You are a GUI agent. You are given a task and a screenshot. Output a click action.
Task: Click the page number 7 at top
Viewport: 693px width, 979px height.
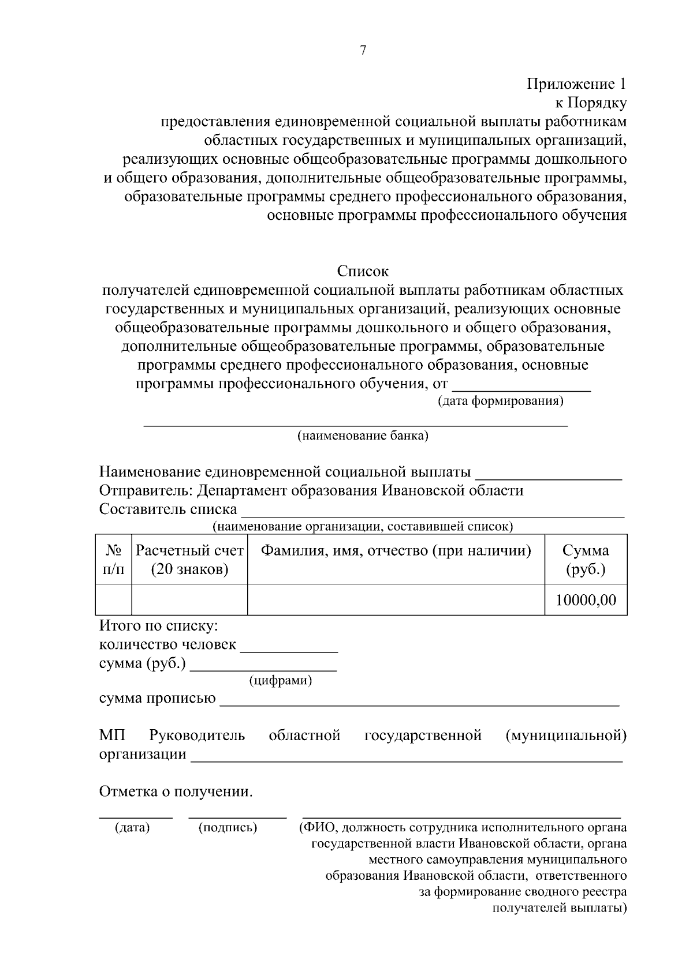363,51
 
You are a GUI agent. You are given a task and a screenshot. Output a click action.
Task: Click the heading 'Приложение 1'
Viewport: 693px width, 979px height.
576,84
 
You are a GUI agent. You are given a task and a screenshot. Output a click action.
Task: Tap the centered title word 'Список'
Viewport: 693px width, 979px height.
363,271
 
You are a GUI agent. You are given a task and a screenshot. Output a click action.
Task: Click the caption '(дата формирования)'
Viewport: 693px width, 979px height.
500,401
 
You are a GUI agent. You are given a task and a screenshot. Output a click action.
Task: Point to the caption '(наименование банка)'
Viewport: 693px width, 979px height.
363,436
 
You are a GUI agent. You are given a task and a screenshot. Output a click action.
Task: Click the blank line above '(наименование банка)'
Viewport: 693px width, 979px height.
355,425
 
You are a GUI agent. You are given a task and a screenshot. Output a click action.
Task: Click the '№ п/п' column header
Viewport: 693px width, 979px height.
113,560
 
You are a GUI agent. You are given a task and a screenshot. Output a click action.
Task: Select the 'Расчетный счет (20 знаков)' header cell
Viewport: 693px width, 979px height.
189,560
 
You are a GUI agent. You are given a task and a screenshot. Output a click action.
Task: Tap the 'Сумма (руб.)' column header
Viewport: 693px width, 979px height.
586,560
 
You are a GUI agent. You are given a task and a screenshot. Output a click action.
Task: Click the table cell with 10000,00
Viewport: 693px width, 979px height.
586,600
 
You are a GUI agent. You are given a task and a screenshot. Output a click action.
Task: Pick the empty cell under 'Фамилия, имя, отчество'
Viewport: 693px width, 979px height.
396,600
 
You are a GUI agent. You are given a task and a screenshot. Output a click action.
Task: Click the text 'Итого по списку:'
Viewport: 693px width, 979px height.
158,626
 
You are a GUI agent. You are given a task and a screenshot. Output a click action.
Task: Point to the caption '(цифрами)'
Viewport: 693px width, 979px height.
281,681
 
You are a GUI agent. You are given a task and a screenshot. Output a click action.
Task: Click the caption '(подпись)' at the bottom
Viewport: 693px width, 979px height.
228,828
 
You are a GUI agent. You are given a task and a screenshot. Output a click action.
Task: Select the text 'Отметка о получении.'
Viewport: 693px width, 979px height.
176,792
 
